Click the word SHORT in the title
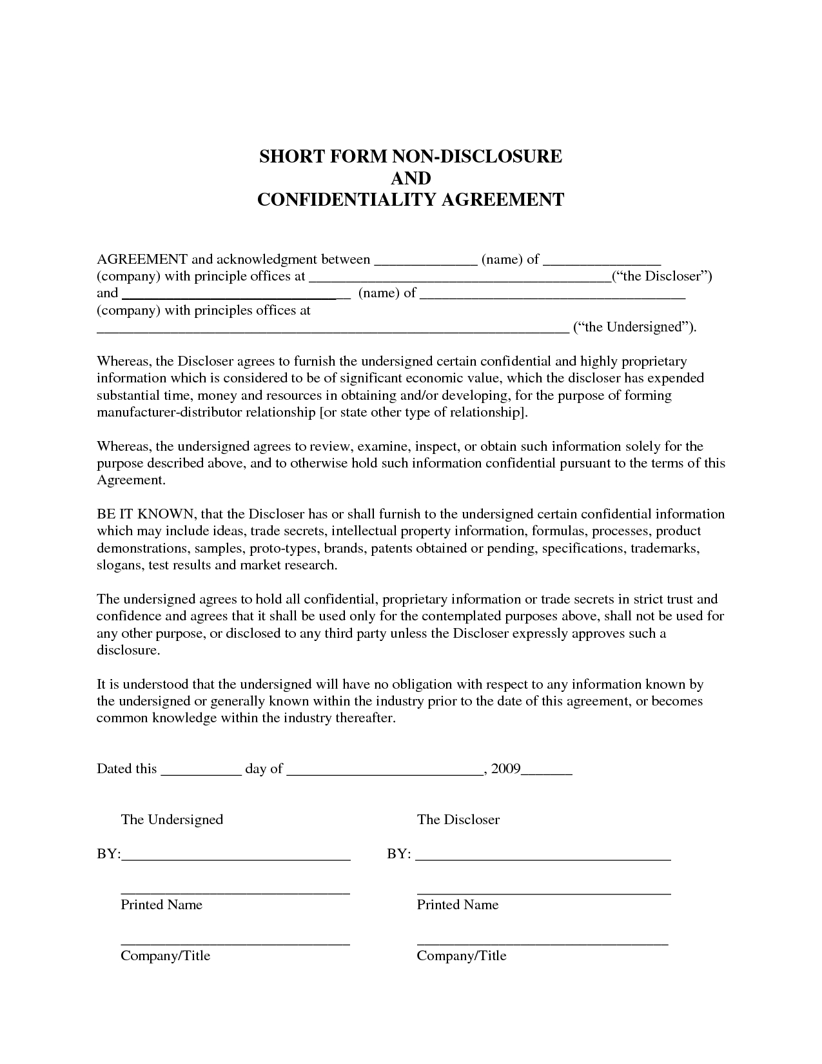(289, 157)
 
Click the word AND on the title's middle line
(411, 178)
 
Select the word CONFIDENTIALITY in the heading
(347, 200)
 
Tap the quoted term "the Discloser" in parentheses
(661, 277)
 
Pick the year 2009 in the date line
(505, 769)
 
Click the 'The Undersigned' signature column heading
(172, 820)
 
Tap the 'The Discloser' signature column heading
(458, 820)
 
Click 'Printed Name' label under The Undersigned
(162, 905)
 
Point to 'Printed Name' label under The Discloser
(458, 905)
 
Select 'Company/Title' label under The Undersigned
(166, 956)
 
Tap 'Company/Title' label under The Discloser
(462, 956)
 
